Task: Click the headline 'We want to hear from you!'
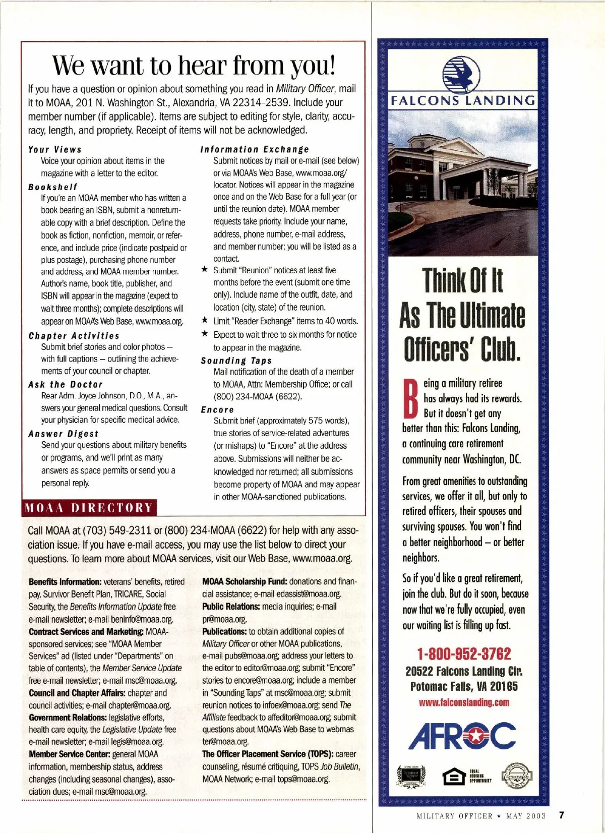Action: tap(194, 65)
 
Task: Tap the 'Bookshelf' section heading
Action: tap(53, 187)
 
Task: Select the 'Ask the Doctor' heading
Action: tap(66, 384)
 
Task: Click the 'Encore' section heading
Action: tap(217, 409)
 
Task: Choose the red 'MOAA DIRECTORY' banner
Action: tap(89, 507)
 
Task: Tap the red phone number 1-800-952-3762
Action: tap(464, 654)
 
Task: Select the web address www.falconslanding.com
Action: tap(464, 702)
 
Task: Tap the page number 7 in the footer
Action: tap(562, 815)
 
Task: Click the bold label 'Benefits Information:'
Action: tap(65, 582)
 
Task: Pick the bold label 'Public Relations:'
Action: tap(231, 607)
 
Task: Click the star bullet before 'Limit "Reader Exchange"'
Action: tap(205, 320)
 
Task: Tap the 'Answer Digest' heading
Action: tap(64, 434)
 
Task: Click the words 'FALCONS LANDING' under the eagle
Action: tap(463, 100)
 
